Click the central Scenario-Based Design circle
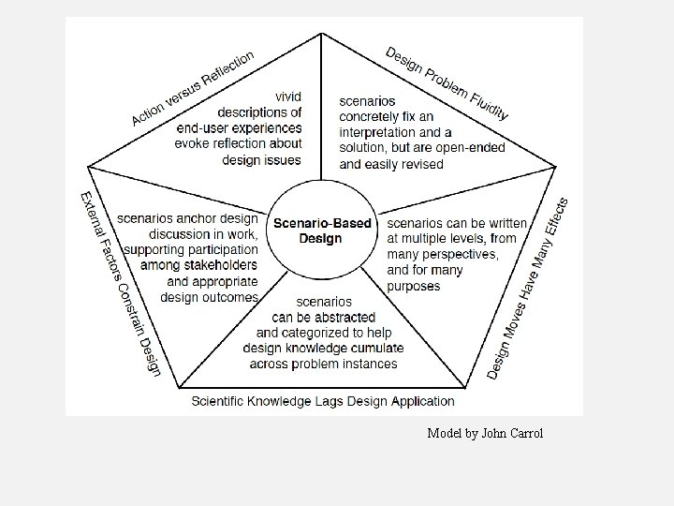tap(322, 231)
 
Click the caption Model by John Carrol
tap(484, 433)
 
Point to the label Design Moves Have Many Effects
tap(528, 288)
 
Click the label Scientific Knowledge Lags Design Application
tap(323, 401)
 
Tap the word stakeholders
tap(212, 266)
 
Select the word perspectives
tap(459, 255)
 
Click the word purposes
tap(413, 286)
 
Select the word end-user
tap(208, 127)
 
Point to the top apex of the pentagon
tap(322, 34)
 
